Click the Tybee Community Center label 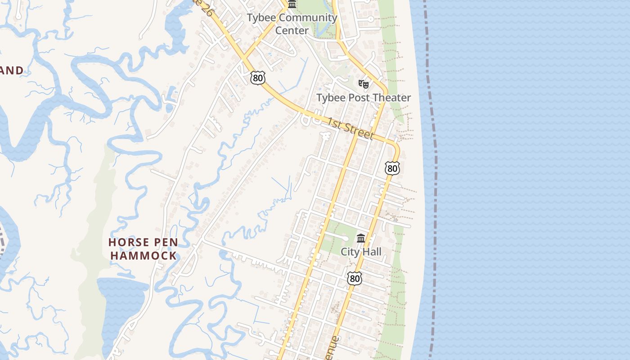click(x=292, y=24)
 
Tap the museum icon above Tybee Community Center click(x=292, y=4)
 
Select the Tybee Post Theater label click(x=364, y=98)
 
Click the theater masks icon click(x=364, y=84)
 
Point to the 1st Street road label click(x=351, y=129)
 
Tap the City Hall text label click(x=361, y=252)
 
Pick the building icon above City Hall click(x=361, y=238)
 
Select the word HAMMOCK click(x=144, y=256)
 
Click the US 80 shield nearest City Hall click(x=355, y=279)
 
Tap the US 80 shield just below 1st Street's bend click(x=392, y=168)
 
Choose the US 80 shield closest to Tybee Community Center click(x=258, y=78)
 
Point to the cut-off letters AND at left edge click(x=12, y=71)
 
